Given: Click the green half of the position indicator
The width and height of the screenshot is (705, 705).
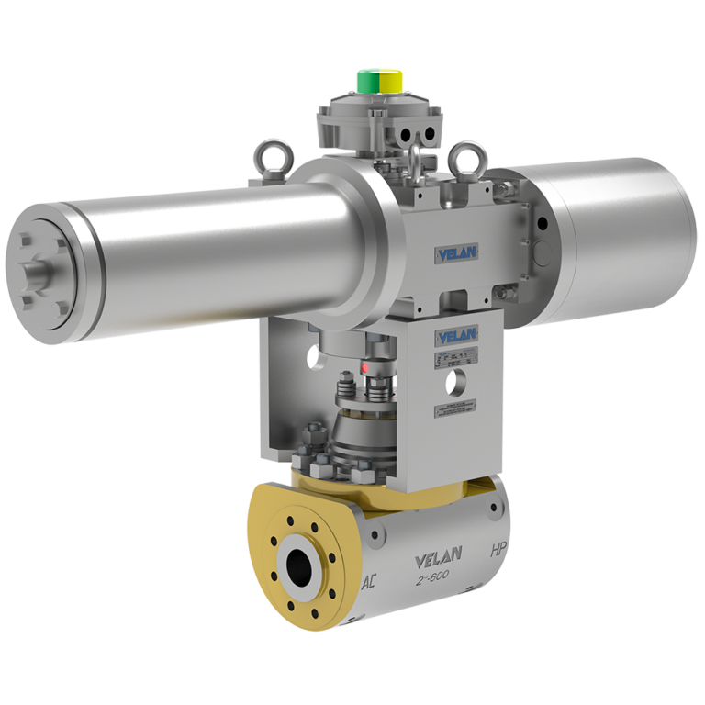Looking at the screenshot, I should pyautogui.click(x=368, y=82).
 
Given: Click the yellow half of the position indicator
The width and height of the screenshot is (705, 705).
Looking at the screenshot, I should pyautogui.click(x=392, y=83).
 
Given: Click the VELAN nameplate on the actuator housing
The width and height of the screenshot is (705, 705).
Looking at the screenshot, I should pyautogui.click(x=456, y=252).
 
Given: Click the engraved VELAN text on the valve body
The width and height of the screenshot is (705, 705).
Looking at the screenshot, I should pyautogui.click(x=439, y=558).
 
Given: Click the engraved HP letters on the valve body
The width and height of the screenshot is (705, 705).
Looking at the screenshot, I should pyautogui.click(x=498, y=552).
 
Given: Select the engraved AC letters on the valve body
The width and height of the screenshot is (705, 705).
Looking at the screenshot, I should pyautogui.click(x=369, y=582).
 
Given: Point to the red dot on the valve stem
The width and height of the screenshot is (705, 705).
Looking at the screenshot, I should pyautogui.click(x=364, y=367).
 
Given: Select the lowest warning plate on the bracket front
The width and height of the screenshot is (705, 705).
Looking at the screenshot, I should pyautogui.click(x=457, y=410).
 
